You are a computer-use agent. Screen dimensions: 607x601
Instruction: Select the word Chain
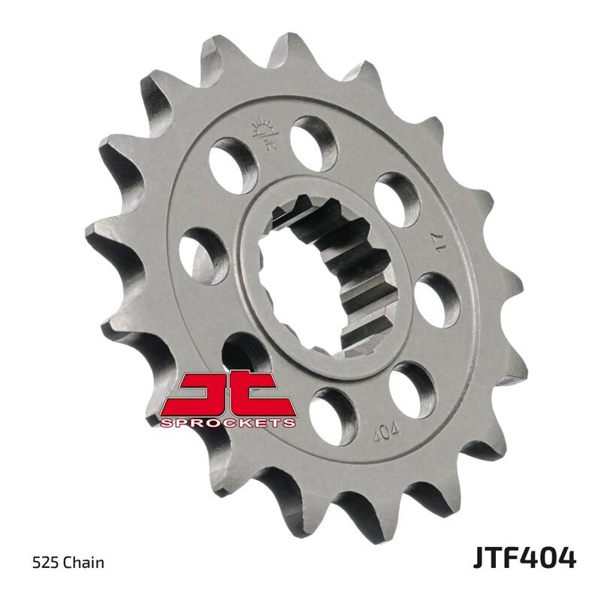point(83,563)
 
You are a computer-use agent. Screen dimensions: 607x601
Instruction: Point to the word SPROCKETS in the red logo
point(228,423)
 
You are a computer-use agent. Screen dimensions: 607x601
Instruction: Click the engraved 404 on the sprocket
point(386,433)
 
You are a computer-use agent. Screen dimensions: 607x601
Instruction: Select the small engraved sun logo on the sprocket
point(267,133)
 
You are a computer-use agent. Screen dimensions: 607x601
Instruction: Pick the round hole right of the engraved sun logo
point(313,139)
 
